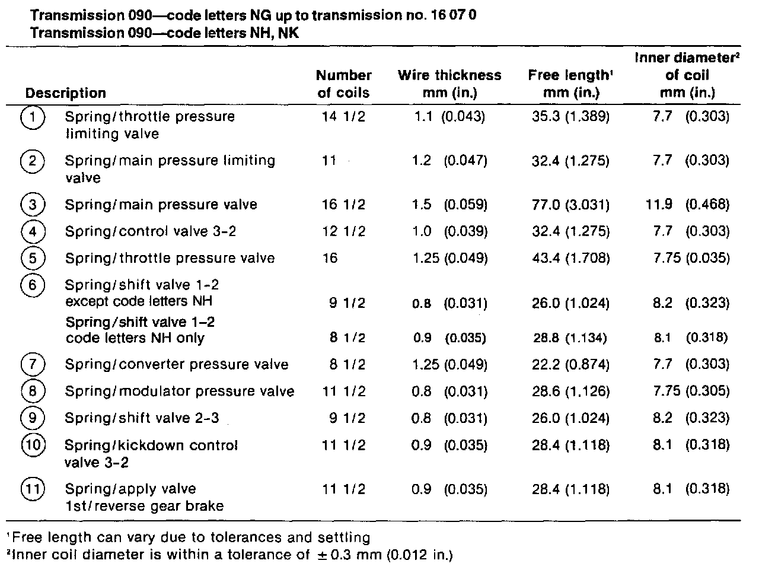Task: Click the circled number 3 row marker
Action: click(x=33, y=205)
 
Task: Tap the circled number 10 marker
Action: click(x=33, y=445)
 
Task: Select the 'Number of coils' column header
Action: click(x=343, y=84)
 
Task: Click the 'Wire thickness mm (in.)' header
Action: click(x=449, y=84)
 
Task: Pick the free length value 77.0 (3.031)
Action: click(x=570, y=205)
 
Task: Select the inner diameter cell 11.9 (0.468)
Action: click(x=687, y=205)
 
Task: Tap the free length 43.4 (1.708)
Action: click(x=570, y=258)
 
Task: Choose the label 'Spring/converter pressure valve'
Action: click(x=177, y=364)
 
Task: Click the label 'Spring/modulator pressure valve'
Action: click(x=180, y=391)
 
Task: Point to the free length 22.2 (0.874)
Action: click(x=570, y=364)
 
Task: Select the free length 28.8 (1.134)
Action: click(x=569, y=338)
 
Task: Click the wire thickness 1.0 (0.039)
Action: click(x=449, y=231)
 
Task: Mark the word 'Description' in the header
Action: click(x=66, y=93)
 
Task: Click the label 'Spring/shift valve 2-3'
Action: click(x=142, y=418)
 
